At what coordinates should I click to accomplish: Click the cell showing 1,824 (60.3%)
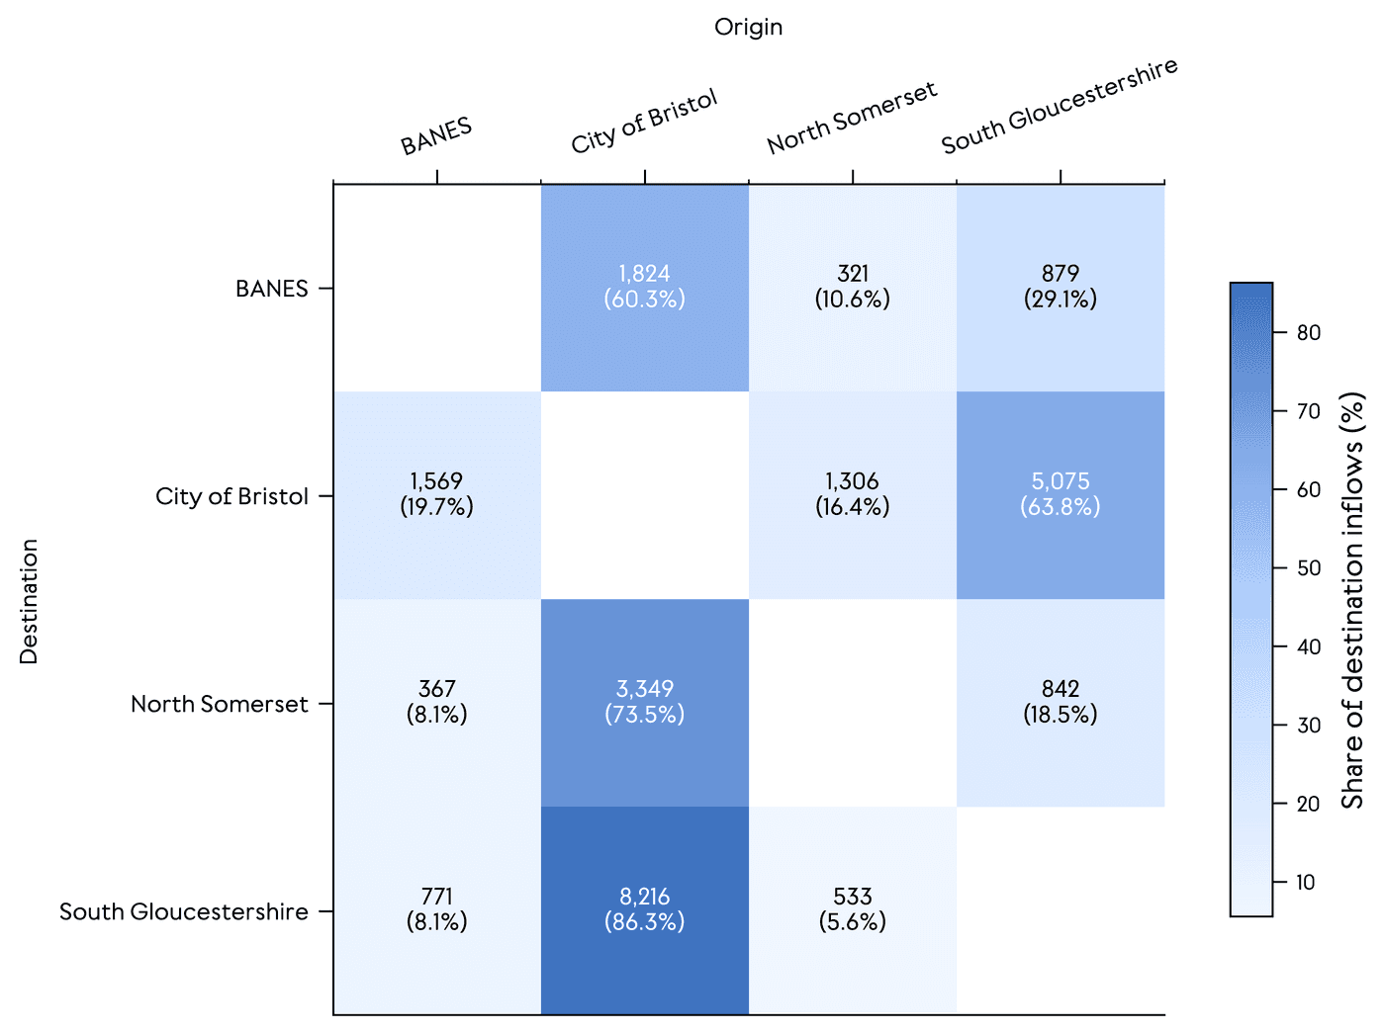645,287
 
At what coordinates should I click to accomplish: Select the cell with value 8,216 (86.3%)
645,909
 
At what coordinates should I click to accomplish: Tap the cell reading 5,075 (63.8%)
1061,494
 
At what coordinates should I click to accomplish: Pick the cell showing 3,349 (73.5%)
645,702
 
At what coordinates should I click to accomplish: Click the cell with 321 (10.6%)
853,287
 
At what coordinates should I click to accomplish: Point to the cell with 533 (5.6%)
853,909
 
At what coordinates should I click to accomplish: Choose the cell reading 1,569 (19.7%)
437,494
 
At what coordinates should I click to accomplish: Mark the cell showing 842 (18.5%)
1061,702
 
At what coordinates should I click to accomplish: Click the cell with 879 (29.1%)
1061,287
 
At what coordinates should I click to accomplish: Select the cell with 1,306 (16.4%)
853,494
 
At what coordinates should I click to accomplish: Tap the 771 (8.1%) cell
437,909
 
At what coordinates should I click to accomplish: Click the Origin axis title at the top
748,28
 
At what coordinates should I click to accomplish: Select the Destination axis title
29,601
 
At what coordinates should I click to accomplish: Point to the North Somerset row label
220,704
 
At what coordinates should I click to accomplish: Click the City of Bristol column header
644,123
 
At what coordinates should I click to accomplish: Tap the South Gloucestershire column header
1059,107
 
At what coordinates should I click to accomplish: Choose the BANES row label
272,289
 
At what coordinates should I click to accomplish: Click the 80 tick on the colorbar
1308,333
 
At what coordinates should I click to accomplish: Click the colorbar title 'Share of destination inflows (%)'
1352,601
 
